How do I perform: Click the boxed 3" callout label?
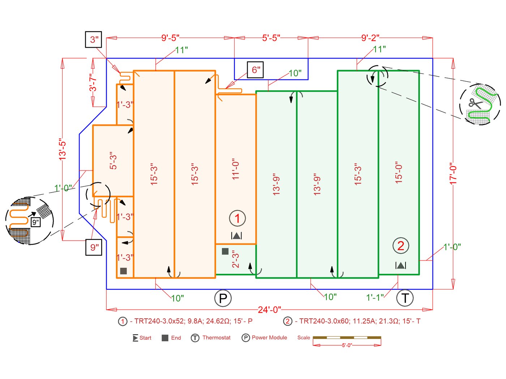click(94, 40)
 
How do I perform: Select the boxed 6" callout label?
click(256, 70)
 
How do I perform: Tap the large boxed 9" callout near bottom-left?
click(94, 247)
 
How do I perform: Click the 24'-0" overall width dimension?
click(269, 310)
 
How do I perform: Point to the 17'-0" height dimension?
click(453, 174)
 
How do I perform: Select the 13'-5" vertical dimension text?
click(63, 149)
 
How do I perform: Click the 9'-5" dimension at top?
click(170, 38)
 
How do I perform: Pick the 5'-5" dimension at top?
click(271, 38)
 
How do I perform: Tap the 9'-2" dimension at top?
click(370, 38)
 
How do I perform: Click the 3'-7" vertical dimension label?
click(93, 83)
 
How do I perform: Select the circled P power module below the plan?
click(223, 298)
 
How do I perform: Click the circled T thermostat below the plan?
click(405, 298)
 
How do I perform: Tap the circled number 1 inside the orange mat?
click(237, 218)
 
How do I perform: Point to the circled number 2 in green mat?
click(400, 246)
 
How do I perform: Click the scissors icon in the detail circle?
click(476, 103)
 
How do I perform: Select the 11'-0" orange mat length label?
click(236, 169)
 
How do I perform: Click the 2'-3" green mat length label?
click(236, 259)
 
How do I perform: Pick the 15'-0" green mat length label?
click(399, 172)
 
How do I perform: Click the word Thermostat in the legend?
click(216, 338)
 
